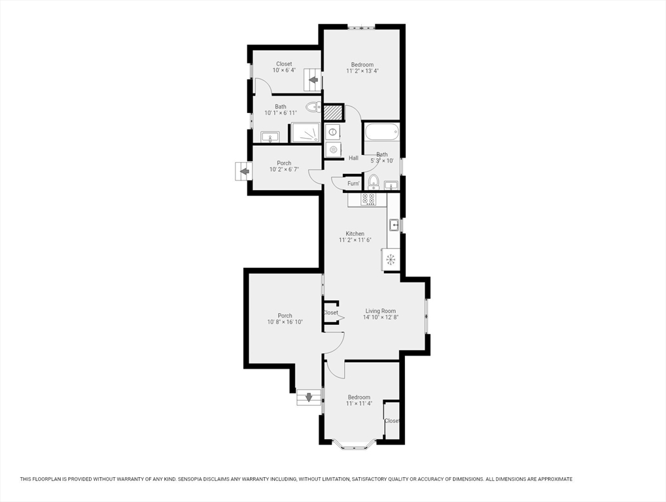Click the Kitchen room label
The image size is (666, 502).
[355, 233]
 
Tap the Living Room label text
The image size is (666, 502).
[380, 311]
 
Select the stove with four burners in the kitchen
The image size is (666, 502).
[368, 199]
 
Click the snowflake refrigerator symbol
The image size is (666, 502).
[391, 259]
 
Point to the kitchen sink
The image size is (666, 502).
[394, 225]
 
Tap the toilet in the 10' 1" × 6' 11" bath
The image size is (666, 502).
[313, 107]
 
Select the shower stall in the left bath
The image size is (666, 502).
[305, 133]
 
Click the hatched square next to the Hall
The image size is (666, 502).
[334, 112]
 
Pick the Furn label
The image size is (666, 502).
[353, 184]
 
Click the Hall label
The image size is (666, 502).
[353, 158]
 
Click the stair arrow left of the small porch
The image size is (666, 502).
[243, 171]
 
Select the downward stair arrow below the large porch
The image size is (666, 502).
[309, 397]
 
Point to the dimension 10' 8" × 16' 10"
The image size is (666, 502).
[285, 322]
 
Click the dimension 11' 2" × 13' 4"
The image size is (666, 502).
[362, 71]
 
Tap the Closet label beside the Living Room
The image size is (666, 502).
[331, 313]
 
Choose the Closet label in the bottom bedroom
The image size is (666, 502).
[392, 421]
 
